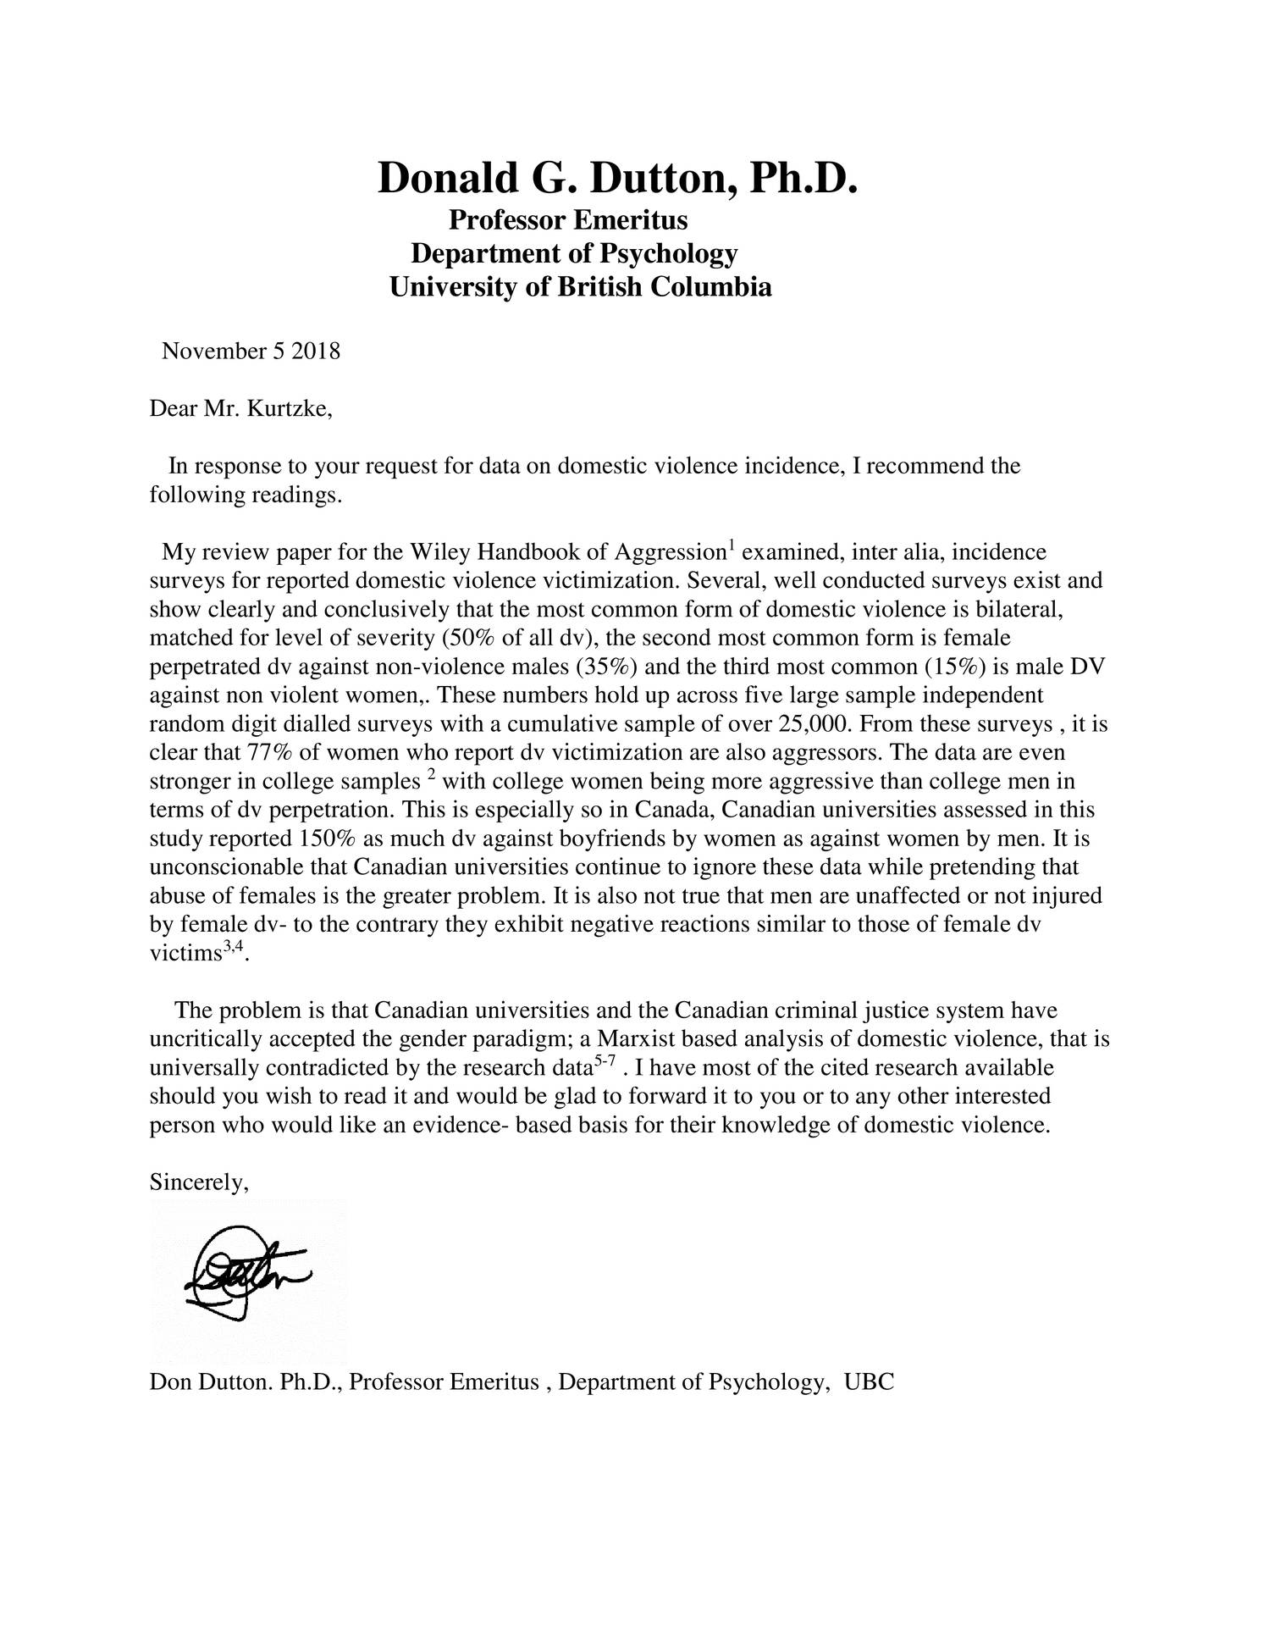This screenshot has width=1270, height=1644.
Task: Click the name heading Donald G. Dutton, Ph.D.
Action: pos(617,179)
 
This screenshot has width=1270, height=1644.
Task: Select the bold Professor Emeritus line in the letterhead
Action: pos(567,220)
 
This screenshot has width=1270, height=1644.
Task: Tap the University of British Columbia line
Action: pos(580,287)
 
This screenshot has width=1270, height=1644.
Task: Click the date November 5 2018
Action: pos(251,351)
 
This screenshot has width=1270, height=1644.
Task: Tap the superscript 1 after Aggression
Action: pos(732,545)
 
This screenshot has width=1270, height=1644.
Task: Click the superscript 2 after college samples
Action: pos(431,775)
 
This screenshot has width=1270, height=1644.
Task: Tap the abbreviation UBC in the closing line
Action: pos(869,1383)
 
